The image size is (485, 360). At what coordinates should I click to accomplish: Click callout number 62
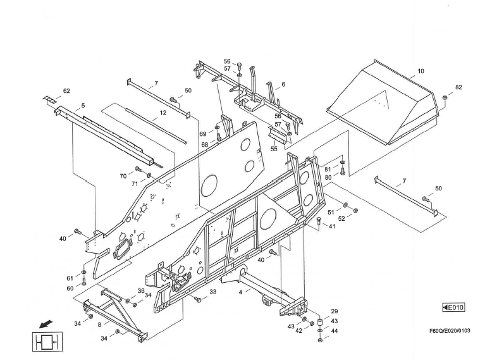66,90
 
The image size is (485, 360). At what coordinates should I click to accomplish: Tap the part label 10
421,73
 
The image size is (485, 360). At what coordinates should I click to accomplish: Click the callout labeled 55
274,149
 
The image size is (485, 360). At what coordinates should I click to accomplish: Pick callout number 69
203,134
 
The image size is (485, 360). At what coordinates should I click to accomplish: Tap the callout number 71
135,183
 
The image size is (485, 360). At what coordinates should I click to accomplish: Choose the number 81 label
328,169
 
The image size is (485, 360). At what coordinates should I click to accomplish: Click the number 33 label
212,292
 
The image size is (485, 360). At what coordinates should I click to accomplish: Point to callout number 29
334,312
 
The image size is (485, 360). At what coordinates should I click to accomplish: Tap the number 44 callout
334,331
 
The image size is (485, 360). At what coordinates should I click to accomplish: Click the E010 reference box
453,307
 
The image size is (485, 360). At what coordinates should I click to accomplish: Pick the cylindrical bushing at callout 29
320,323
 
